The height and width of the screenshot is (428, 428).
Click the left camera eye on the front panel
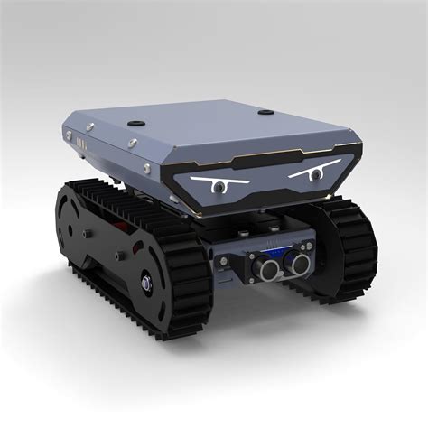point(218,187)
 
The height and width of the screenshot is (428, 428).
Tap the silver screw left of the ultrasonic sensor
point(224,259)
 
